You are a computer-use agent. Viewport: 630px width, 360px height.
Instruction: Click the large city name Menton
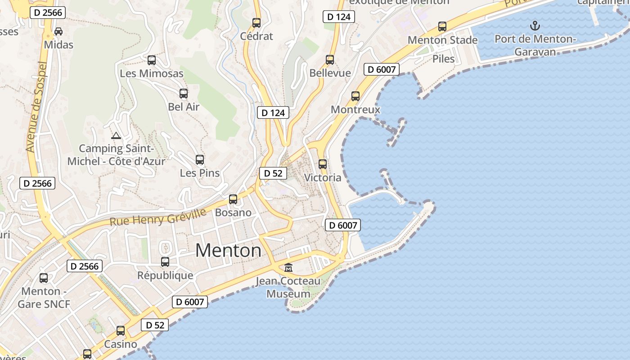click(x=228, y=250)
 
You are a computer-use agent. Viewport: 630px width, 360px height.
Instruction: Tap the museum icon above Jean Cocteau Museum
click(x=288, y=267)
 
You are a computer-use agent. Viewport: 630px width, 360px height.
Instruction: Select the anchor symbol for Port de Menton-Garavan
click(x=535, y=26)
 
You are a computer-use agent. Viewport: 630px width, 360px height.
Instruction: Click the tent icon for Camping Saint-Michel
click(x=116, y=135)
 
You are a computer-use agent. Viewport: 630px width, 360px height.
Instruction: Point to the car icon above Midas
click(x=58, y=31)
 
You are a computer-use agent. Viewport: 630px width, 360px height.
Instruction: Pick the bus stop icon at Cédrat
click(x=256, y=22)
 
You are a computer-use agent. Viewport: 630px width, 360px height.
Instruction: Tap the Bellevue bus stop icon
click(x=330, y=59)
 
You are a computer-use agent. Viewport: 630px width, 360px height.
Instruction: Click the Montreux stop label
click(x=355, y=109)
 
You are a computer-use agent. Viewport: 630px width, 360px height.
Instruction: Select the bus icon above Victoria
click(x=322, y=164)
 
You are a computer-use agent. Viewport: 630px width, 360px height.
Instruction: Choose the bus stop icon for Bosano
click(x=233, y=199)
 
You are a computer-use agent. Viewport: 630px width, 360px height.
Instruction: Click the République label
click(x=165, y=275)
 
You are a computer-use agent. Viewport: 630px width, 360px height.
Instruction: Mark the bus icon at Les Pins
click(x=200, y=159)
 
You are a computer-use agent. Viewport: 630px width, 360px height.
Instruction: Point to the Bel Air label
click(x=184, y=107)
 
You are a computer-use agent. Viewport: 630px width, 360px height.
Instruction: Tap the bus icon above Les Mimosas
click(x=152, y=60)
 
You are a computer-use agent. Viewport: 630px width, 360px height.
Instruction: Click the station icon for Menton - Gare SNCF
click(x=44, y=278)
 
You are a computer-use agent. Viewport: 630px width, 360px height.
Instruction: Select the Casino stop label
click(x=121, y=344)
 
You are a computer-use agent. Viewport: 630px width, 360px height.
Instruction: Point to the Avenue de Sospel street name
click(x=37, y=107)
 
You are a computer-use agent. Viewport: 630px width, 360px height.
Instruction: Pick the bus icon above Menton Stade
click(x=442, y=27)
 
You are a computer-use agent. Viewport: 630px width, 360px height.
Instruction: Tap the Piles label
click(x=444, y=58)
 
